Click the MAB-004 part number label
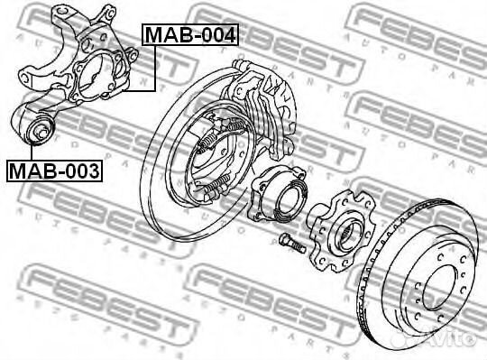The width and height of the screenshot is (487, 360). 189,35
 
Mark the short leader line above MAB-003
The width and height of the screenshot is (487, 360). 26,150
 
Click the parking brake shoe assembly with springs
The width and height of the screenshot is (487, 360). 216,153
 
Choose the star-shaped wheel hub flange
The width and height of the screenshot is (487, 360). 342,231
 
